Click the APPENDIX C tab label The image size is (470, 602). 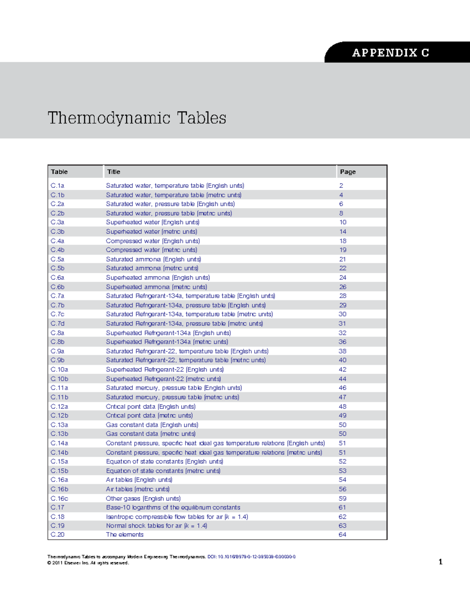(x=390, y=53)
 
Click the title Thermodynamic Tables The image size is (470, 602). (x=137, y=118)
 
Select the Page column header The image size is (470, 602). (x=348, y=172)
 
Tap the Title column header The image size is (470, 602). (x=114, y=172)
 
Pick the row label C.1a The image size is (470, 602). (x=57, y=186)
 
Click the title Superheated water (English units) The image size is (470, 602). (x=153, y=222)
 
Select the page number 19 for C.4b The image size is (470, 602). (x=343, y=250)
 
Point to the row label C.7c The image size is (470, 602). (x=57, y=314)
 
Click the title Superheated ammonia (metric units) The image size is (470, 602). (x=157, y=287)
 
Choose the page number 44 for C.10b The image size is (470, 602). (x=342, y=379)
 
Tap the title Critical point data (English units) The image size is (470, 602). (x=151, y=407)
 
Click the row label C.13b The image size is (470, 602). (x=59, y=434)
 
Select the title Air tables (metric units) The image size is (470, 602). (x=138, y=489)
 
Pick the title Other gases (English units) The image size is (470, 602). (x=143, y=498)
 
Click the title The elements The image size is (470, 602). (x=125, y=535)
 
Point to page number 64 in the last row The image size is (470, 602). (x=342, y=535)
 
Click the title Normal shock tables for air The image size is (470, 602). (x=157, y=526)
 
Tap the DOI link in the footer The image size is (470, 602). (x=251, y=557)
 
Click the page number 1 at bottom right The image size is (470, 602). (x=441, y=562)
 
